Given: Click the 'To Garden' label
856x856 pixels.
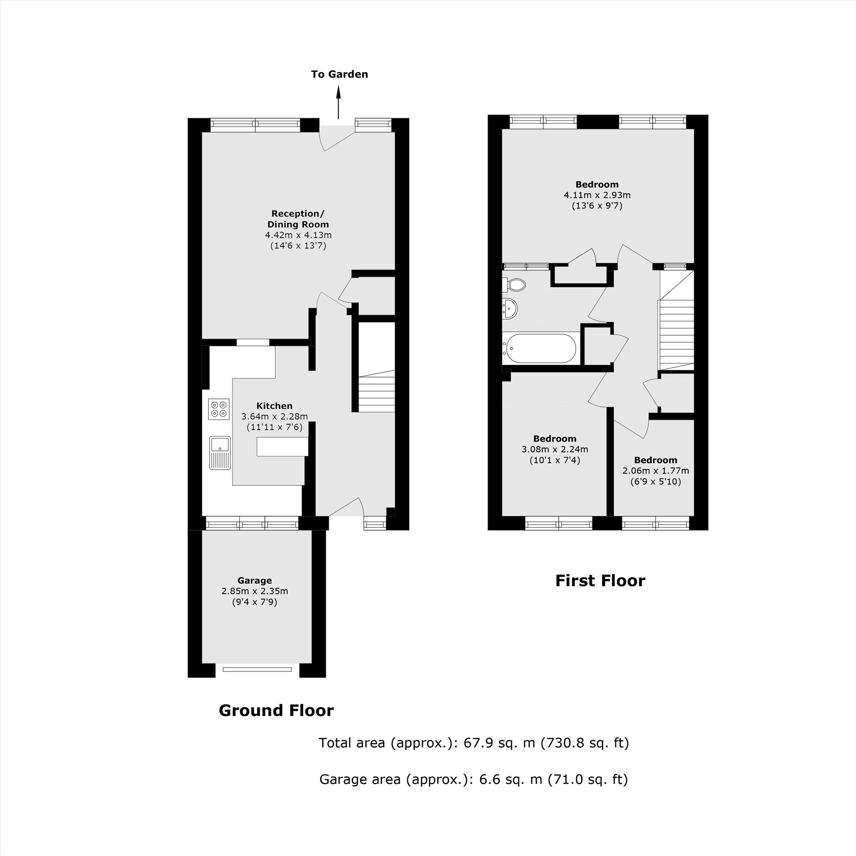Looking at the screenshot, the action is (x=339, y=74).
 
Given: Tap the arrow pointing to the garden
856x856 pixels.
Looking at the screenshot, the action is (x=339, y=102).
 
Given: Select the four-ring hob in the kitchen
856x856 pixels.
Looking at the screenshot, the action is (x=219, y=409).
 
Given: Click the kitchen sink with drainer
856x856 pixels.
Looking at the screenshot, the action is (x=220, y=453).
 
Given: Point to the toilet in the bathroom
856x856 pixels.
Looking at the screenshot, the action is (x=514, y=285).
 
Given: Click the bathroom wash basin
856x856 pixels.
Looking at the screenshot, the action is (x=510, y=308).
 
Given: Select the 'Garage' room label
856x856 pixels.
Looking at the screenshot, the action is (x=255, y=580).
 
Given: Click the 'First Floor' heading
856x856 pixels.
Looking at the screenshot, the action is (x=600, y=581).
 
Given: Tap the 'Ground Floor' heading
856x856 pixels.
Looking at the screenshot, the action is (x=276, y=710).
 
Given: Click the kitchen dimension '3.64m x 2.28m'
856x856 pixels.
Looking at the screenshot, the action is (x=275, y=416).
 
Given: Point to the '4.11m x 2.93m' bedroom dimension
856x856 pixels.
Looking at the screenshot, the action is (x=597, y=195).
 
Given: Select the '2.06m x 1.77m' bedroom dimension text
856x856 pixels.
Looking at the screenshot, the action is (x=656, y=470).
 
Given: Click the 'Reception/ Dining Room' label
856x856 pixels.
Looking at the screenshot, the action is (x=298, y=219).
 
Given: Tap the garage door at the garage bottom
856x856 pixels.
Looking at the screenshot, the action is (x=258, y=669).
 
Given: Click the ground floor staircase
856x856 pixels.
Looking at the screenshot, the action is (x=377, y=391).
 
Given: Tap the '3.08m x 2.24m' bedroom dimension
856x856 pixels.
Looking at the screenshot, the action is (x=555, y=449).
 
